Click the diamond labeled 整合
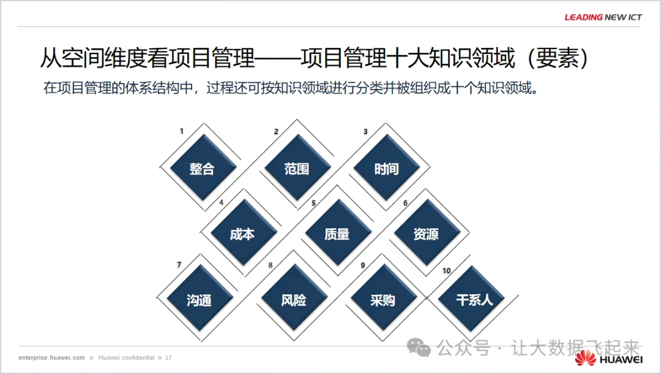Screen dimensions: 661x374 [201, 169]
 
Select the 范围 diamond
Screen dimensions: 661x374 [297, 169]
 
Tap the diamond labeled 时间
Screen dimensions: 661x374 [386, 169]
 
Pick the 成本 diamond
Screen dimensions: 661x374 [242, 234]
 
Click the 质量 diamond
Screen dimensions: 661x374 [337, 234]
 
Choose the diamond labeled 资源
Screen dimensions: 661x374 [426, 234]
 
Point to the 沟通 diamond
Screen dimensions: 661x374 [199, 300]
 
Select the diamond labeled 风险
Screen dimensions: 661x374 [294, 300]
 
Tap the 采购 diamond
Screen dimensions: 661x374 [383, 300]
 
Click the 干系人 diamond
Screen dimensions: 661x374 [474, 300]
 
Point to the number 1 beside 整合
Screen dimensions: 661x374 [181, 131]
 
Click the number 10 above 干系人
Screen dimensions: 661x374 [446, 270]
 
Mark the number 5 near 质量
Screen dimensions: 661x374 [313, 203]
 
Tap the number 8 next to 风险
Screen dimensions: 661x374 [271, 265]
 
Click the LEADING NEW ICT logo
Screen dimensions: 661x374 [603, 17]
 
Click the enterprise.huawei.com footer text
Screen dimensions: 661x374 [51, 357]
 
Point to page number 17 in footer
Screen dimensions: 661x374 [168, 357]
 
